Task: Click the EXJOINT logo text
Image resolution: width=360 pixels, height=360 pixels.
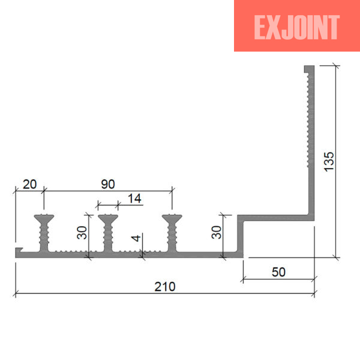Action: (296, 28)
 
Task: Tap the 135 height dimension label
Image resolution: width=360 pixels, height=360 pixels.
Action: (329, 161)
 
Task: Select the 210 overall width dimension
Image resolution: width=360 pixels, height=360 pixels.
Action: (165, 287)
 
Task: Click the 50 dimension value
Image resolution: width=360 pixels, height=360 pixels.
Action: (278, 272)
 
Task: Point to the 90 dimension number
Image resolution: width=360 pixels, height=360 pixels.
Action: (108, 184)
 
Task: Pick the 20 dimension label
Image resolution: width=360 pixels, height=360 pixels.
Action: (29, 184)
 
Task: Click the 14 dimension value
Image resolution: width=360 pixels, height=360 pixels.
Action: (134, 199)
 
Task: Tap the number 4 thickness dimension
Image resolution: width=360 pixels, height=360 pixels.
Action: (136, 238)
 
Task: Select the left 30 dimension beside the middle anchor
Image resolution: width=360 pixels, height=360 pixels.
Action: (82, 233)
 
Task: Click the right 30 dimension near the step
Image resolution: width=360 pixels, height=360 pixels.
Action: (216, 232)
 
